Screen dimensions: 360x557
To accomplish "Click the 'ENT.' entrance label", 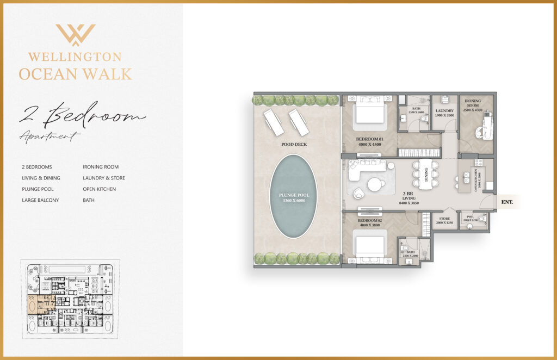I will coord(508,202).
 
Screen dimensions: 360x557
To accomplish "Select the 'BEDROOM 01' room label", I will coord(370,139).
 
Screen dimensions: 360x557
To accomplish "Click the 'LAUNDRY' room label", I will coord(444,111).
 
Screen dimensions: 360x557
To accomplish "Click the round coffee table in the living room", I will coord(375,185).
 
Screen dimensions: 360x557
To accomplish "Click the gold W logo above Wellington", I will coord(75,35).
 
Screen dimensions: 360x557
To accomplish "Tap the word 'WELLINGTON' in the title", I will coord(75,57).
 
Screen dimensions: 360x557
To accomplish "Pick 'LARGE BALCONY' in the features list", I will coord(40,200).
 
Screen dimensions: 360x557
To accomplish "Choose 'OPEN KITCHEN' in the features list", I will coord(99,189).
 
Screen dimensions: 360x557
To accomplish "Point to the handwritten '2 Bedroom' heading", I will coord(82,115).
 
